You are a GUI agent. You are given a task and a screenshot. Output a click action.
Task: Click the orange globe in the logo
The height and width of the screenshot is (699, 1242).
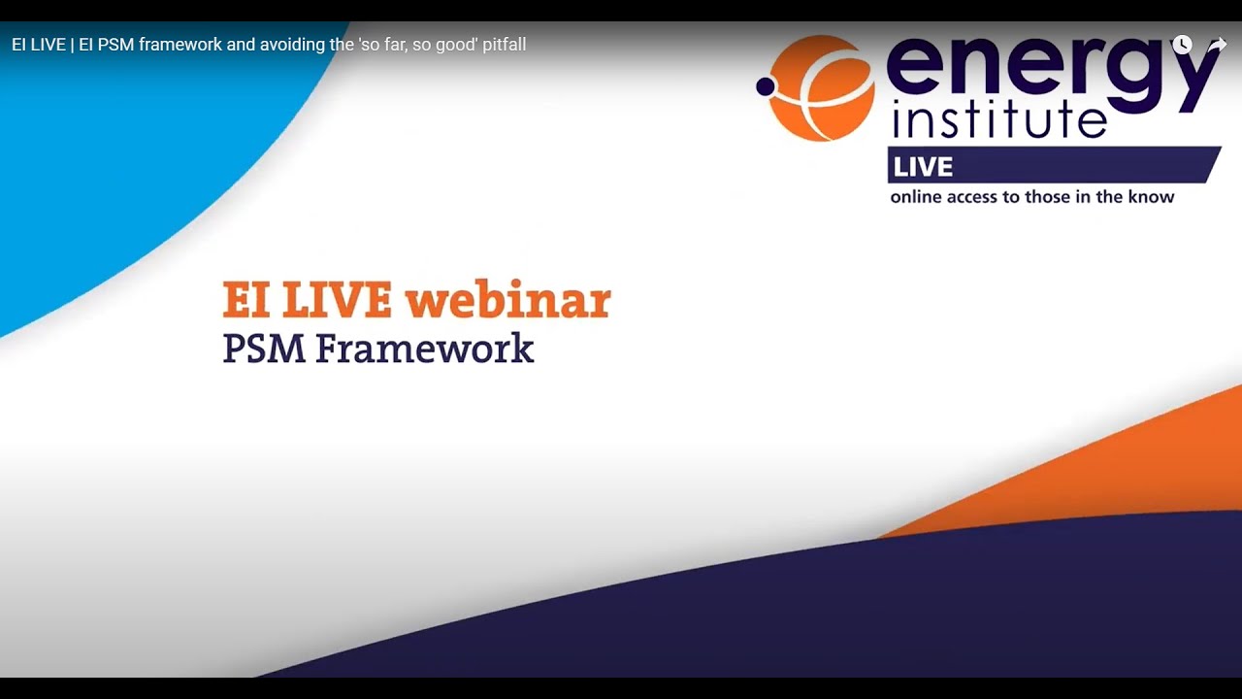821,88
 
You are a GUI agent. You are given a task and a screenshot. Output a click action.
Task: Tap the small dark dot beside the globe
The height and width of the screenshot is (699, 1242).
766,87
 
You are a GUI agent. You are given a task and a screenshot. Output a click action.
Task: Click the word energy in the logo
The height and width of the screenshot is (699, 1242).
1052,64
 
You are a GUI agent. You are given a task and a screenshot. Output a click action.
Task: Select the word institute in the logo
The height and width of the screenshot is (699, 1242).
998,120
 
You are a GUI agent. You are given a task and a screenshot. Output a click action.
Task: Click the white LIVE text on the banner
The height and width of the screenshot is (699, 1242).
923,167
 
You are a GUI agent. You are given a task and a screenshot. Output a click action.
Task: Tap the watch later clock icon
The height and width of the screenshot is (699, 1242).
1182,45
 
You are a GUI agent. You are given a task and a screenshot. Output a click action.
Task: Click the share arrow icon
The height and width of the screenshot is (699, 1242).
1217,45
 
